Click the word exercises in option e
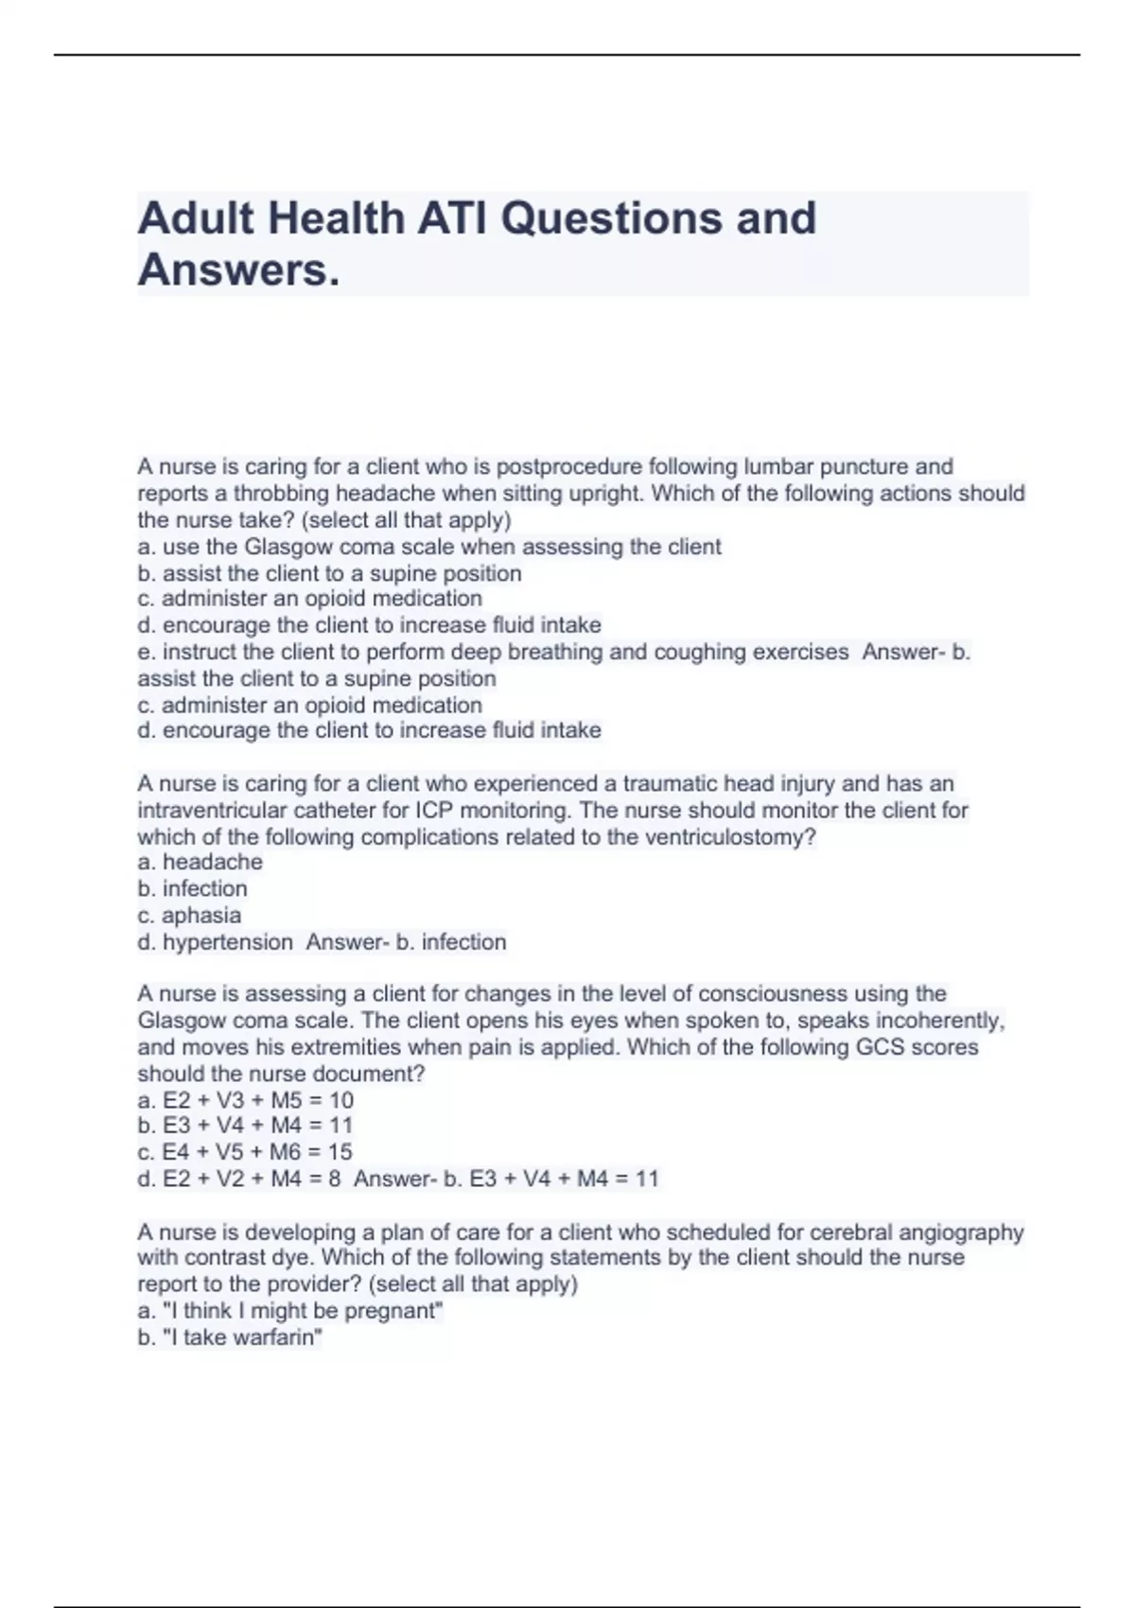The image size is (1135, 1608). click(800, 652)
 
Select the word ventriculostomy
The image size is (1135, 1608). click(730, 837)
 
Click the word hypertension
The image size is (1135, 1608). click(227, 942)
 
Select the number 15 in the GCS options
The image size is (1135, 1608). click(340, 1152)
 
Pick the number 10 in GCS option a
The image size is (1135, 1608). click(340, 1100)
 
